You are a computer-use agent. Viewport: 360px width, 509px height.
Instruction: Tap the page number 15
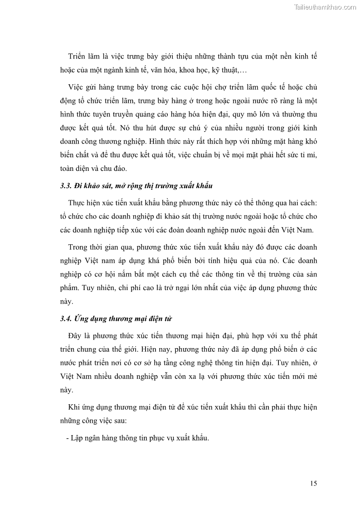(313, 483)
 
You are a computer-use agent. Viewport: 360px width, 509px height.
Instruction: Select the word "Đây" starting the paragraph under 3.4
(75, 334)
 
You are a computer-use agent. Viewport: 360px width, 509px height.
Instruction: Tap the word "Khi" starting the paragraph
(74, 407)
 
